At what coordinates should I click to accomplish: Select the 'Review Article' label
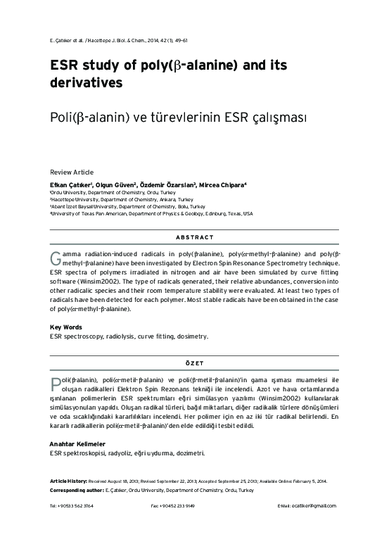pyautogui.click(x=71, y=172)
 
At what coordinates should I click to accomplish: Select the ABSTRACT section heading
pyautogui.click(x=195, y=237)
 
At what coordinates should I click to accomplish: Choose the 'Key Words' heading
pyautogui.click(x=66, y=327)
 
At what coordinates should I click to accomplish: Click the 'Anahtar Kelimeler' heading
pyautogui.click(x=77, y=444)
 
